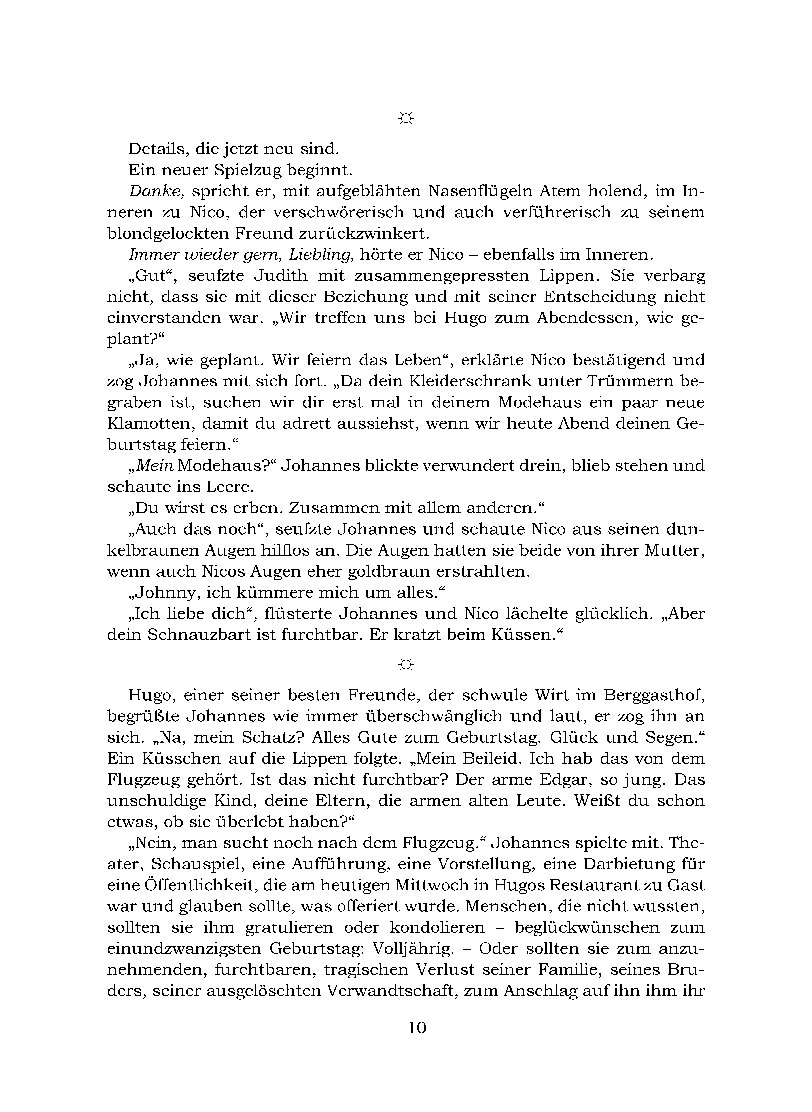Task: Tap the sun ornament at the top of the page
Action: point(406,119)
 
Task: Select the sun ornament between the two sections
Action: point(406,665)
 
